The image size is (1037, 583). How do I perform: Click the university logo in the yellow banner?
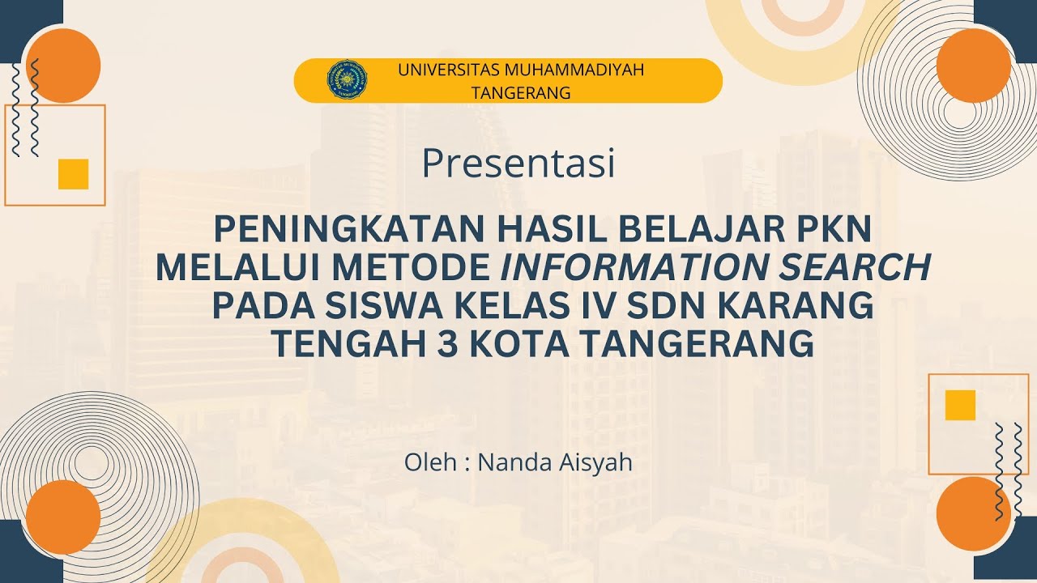click(x=347, y=80)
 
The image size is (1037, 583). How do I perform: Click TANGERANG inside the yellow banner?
click(x=521, y=93)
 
